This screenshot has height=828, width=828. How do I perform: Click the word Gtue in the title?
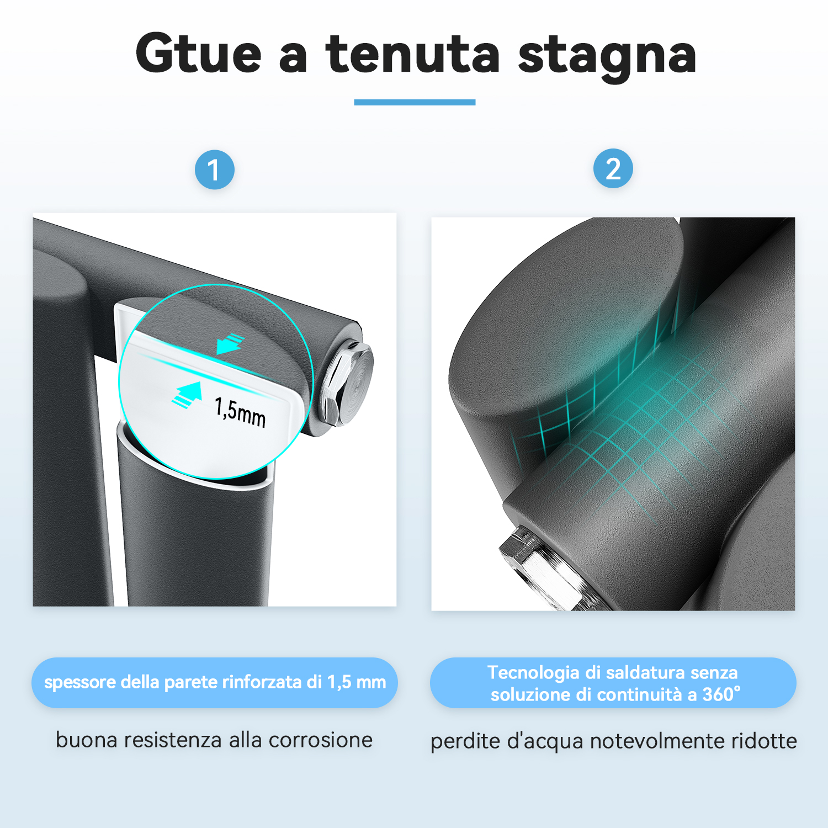click(x=198, y=53)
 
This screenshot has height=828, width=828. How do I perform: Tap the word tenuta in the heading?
click(x=412, y=53)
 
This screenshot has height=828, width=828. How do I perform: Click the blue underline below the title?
click(x=415, y=102)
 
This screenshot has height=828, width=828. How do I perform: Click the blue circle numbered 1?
click(x=215, y=169)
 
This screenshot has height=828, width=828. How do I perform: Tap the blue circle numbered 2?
click(x=613, y=168)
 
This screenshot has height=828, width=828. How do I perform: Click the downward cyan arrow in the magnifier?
click(x=230, y=343)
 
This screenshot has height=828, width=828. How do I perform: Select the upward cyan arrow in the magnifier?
click(x=187, y=394)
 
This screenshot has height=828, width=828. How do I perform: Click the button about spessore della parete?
click(x=215, y=683)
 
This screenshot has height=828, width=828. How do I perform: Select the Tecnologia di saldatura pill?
click(x=613, y=683)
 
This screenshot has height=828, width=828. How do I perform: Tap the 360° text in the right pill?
click(x=721, y=694)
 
